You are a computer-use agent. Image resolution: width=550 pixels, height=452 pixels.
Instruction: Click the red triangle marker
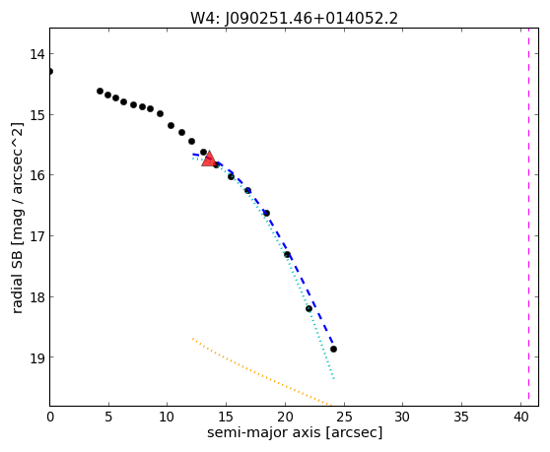point(209,160)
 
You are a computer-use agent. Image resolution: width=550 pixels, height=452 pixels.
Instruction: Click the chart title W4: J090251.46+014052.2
point(294,18)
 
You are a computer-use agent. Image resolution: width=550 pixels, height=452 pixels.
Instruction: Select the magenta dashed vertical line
point(528,218)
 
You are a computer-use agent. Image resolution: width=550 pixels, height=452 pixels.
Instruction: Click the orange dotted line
point(261,373)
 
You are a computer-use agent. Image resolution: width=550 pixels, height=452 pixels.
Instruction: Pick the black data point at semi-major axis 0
point(50,72)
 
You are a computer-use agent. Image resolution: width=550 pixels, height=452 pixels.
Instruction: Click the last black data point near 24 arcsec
point(333,349)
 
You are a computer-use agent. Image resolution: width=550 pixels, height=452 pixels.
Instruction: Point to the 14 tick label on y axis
point(36,54)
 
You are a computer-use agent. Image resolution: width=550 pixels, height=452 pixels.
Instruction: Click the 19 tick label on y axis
point(36,357)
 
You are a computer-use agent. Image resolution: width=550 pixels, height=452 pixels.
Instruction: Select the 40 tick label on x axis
point(520,417)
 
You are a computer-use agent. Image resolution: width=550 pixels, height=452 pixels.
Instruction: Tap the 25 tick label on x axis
point(344,417)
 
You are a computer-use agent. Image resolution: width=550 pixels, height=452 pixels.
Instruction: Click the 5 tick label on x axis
point(108,417)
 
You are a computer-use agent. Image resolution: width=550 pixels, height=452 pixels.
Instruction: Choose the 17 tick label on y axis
point(36,236)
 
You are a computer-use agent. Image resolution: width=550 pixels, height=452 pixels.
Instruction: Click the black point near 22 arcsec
point(309,308)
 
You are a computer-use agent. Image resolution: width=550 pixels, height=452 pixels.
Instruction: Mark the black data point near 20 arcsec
point(287,255)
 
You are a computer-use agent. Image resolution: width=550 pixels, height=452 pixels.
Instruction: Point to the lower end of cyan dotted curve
point(334,379)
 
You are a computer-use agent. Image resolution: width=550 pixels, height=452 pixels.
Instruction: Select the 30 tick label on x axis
point(402,417)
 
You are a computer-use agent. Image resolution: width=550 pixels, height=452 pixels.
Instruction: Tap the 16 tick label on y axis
point(36,175)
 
